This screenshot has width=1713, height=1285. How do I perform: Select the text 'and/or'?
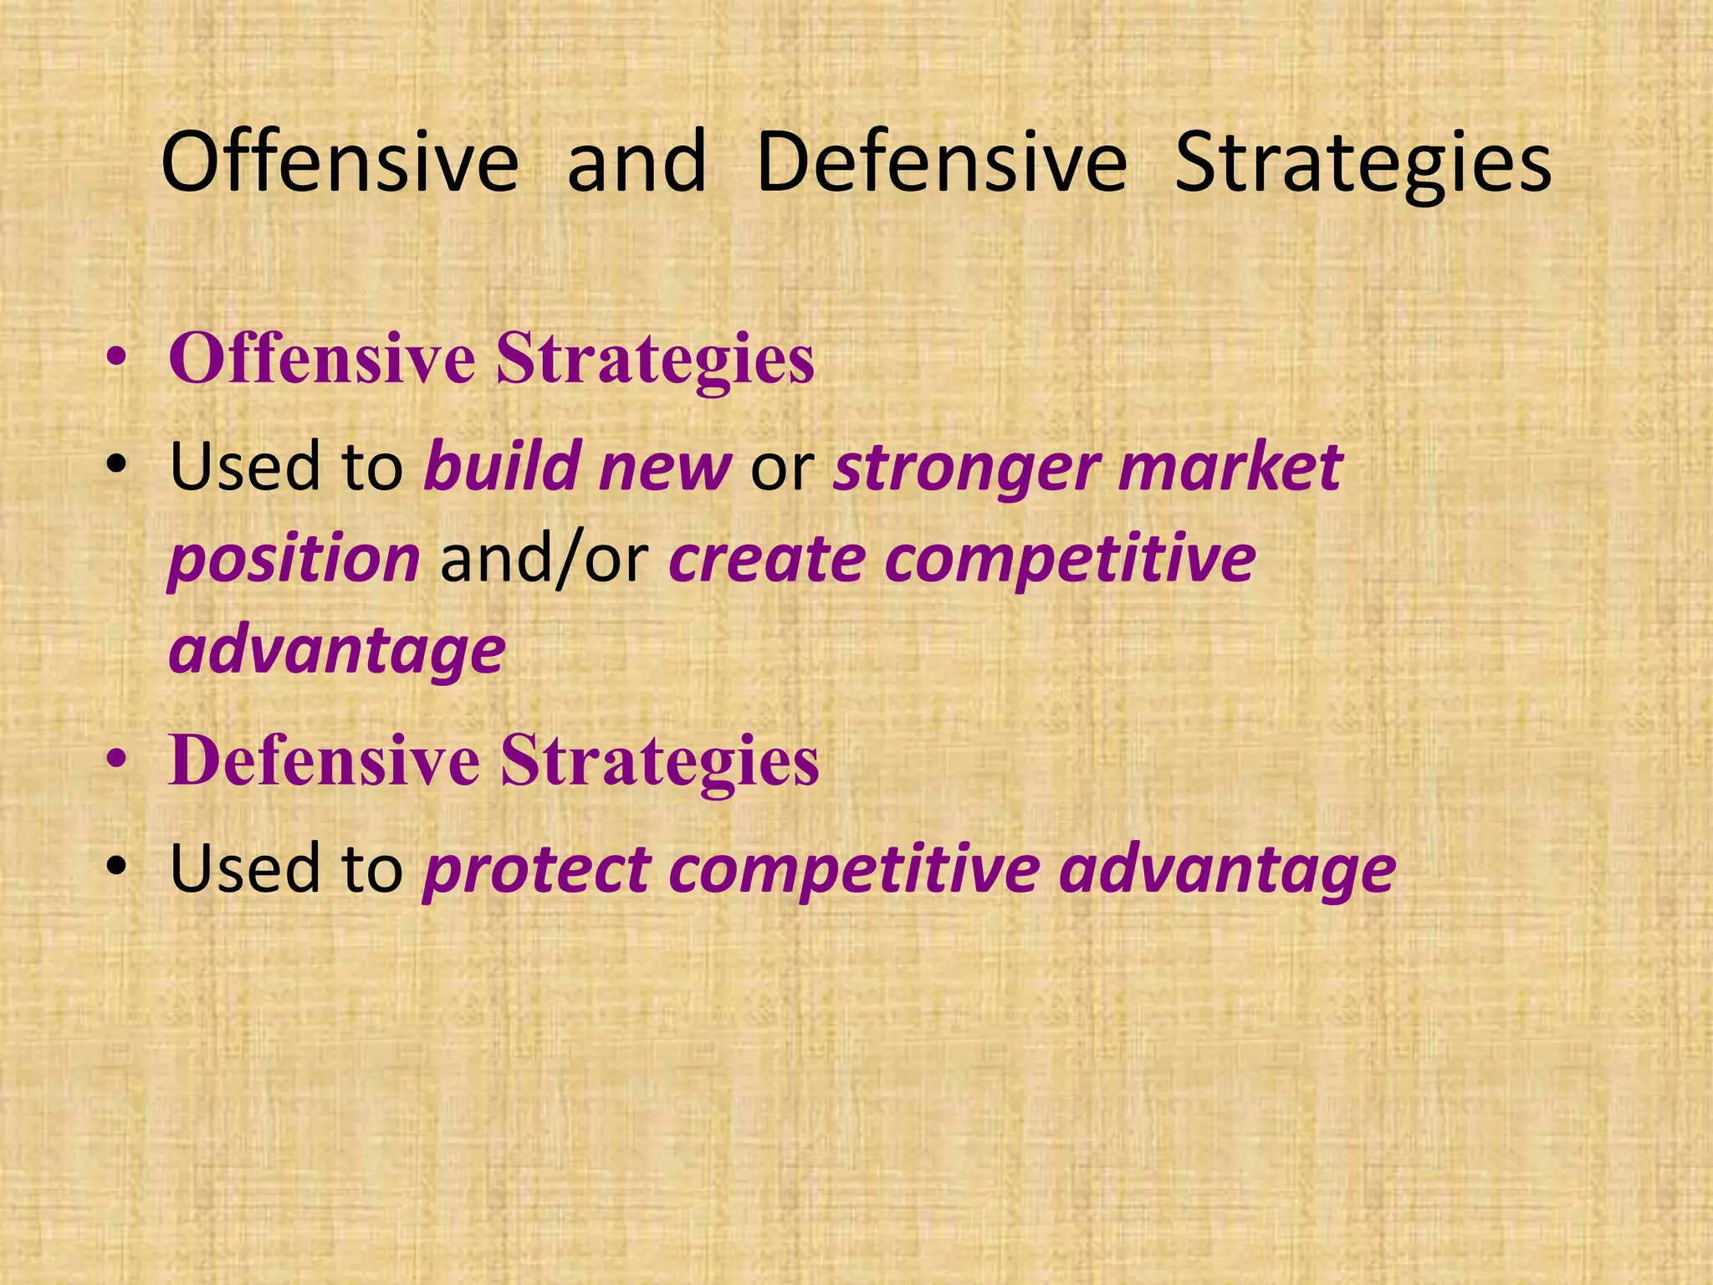[545, 561]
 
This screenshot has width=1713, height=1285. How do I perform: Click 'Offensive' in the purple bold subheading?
[322, 359]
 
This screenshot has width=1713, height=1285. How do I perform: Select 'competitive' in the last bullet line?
[854, 870]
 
